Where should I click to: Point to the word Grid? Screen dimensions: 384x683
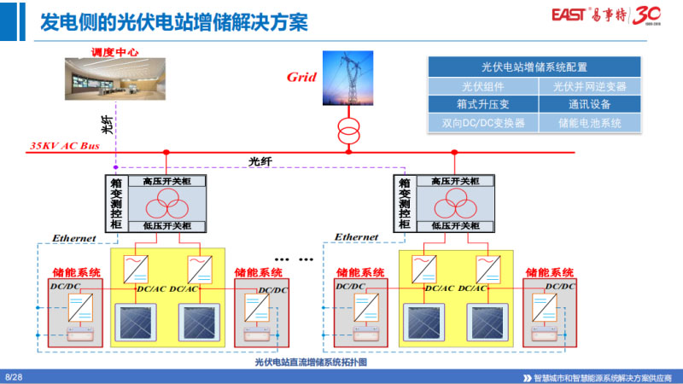(x=301, y=78)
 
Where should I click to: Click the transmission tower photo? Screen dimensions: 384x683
(x=347, y=79)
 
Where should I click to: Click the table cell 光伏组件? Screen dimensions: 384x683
(x=483, y=86)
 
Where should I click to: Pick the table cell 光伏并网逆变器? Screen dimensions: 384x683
(x=589, y=86)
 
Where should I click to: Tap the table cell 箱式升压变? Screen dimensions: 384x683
(x=483, y=104)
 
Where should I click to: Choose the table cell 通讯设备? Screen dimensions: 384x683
(x=589, y=104)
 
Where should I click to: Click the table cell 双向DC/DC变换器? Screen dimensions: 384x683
(x=483, y=123)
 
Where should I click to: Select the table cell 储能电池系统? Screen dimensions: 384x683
(x=589, y=123)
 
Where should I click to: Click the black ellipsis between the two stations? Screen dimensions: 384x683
(x=283, y=256)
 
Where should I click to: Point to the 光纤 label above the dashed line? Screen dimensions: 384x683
(x=260, y=160)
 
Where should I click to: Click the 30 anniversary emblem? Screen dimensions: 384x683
(x=651, y=15)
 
